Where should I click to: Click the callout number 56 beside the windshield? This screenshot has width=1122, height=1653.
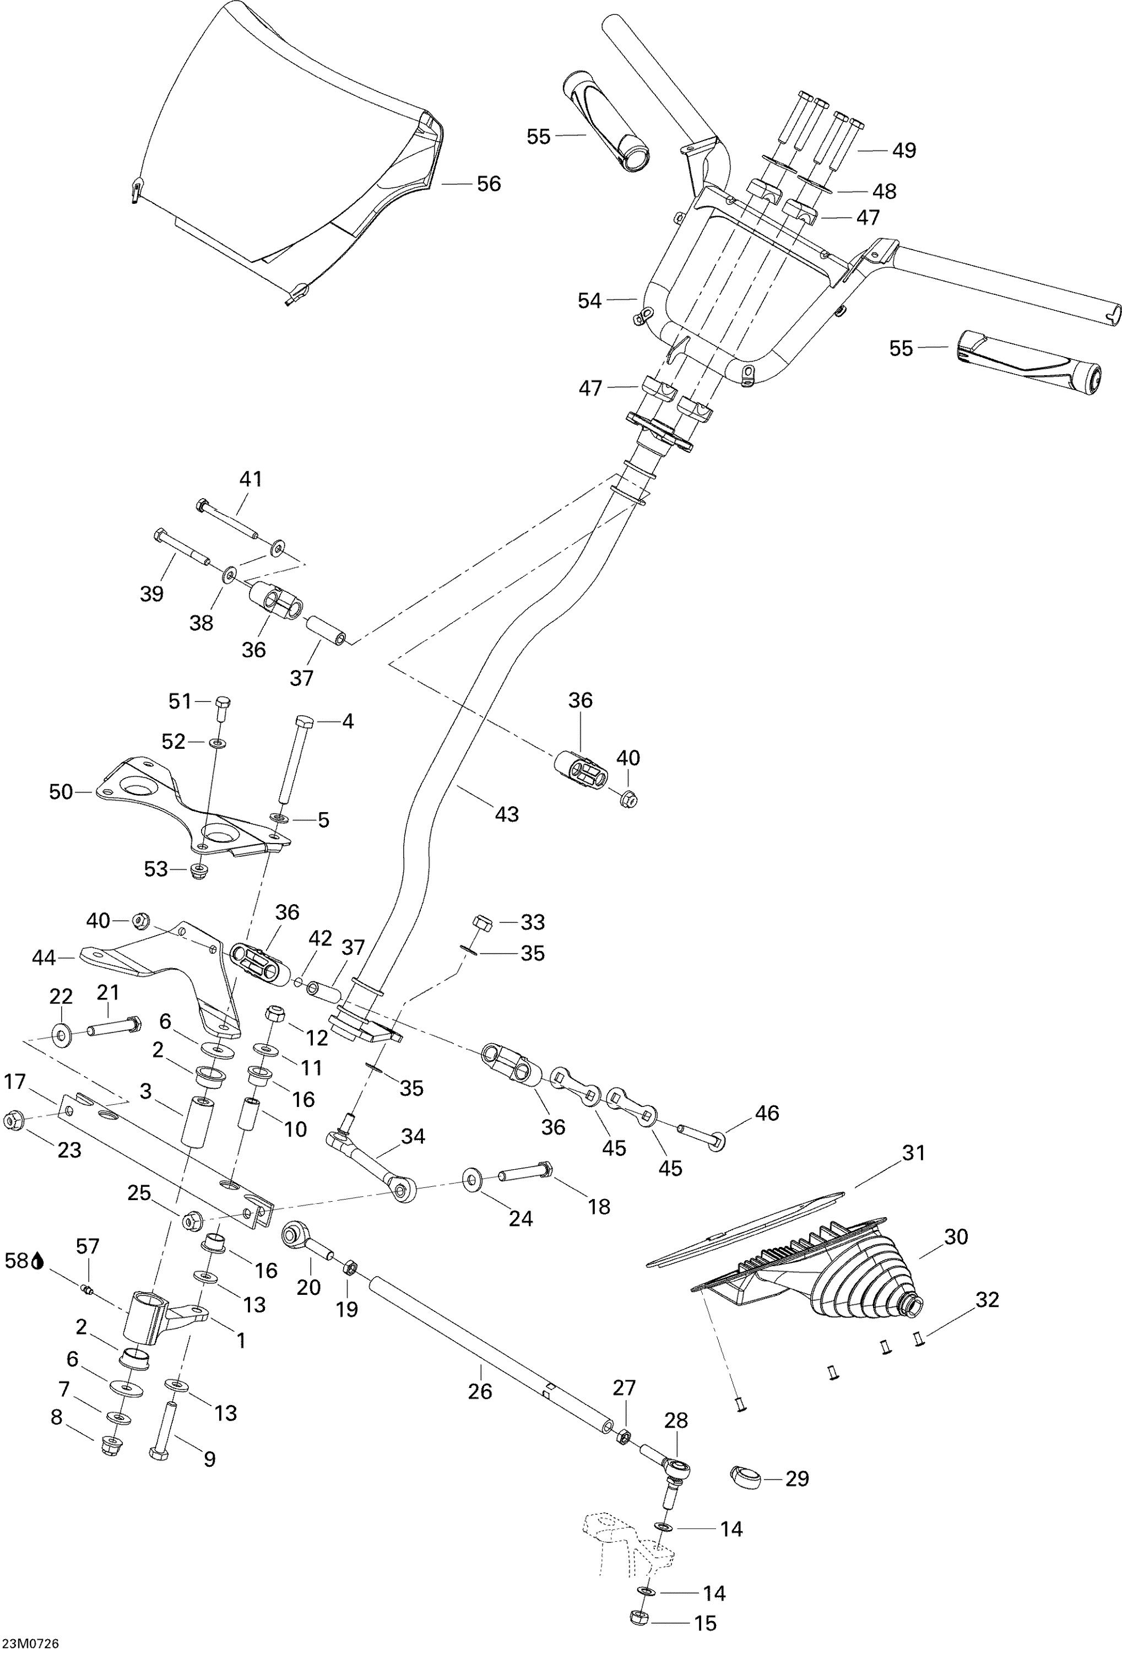click(x=489, y=184)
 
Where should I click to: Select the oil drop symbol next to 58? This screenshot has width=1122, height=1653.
click(x=37, y=1261)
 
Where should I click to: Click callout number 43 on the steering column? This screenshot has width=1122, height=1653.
click(x=507, y=814)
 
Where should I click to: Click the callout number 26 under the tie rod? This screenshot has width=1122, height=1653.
click(x=480, y=1391)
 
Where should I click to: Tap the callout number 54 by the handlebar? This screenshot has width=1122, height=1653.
click(x=589, y=301)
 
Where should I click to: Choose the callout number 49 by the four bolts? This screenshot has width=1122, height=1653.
click(x=904, y=151)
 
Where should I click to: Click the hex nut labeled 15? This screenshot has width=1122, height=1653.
click(x=638, y=1617)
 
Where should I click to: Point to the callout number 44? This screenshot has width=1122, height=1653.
click(x=44, y=958)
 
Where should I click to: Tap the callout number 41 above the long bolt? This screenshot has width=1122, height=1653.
click(x=250, y=479)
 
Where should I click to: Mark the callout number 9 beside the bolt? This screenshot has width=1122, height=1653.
click(x=209, y=1459)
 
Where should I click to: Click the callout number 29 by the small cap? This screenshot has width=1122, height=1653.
click(x=797, y=1479)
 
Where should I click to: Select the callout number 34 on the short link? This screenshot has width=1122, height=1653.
click(x=413, y=1137)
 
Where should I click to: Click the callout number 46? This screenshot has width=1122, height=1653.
click(x=767, y=1112)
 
